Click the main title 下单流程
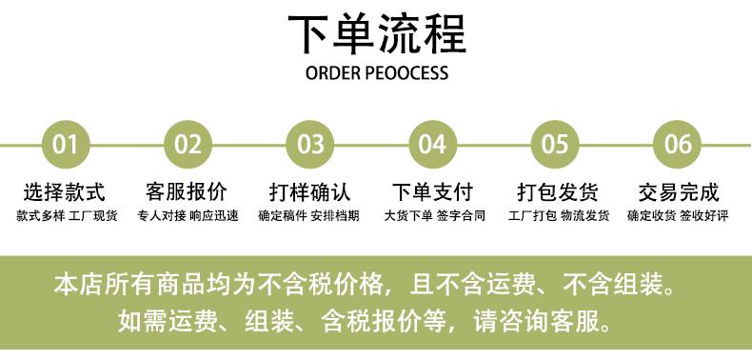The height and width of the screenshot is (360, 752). click(377, 34)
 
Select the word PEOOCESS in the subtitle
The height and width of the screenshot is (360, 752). click(406, 73)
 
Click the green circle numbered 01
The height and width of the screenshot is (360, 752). click(66, 144)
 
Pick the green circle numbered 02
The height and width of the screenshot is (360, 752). click(188, 144)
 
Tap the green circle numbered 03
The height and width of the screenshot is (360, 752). click(309, 144)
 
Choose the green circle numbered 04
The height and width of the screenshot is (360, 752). click(432, 144)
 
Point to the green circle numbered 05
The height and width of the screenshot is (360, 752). click(555, 144)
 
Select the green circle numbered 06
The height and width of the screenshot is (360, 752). click(677, 144)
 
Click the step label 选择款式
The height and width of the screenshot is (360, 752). click(65, 192)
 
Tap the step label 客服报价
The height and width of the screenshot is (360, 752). click(187, 192)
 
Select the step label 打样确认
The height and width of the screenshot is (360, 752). click(309, 192)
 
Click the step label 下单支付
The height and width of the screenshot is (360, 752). click(432, 192)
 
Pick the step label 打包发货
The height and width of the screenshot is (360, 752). click(558, 192)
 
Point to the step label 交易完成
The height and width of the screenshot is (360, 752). click(678, 192)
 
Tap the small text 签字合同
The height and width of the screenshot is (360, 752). click(461, 216)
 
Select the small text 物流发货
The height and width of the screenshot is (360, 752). click(585, 216)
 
